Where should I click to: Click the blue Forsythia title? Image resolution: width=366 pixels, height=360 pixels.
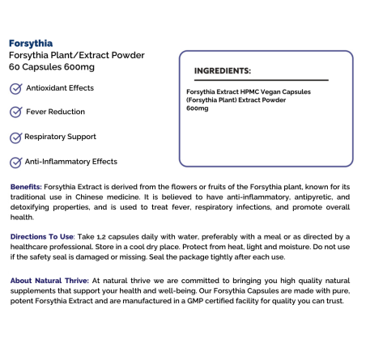[30, 43]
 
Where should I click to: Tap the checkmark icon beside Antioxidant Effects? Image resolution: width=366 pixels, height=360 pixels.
[16, 88]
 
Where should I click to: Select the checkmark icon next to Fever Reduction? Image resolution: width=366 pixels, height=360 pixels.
[16, 112]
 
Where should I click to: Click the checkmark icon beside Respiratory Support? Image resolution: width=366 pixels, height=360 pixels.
[16, 138]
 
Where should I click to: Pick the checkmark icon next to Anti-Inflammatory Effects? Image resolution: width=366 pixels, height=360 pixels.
[16, 163]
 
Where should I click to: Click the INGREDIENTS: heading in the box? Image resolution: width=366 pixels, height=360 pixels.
[223, 70]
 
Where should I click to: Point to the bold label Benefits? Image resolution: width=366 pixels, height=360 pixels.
[26, 186]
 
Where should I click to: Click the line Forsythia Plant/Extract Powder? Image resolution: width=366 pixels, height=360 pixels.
[77, 55]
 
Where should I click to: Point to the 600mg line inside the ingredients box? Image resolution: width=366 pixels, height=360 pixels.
[197, 108]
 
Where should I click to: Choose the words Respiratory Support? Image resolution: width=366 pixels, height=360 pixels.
[62, 138]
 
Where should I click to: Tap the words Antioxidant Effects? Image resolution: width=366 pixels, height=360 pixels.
[60, 88]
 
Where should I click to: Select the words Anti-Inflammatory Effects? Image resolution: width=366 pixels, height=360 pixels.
[71, 163]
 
